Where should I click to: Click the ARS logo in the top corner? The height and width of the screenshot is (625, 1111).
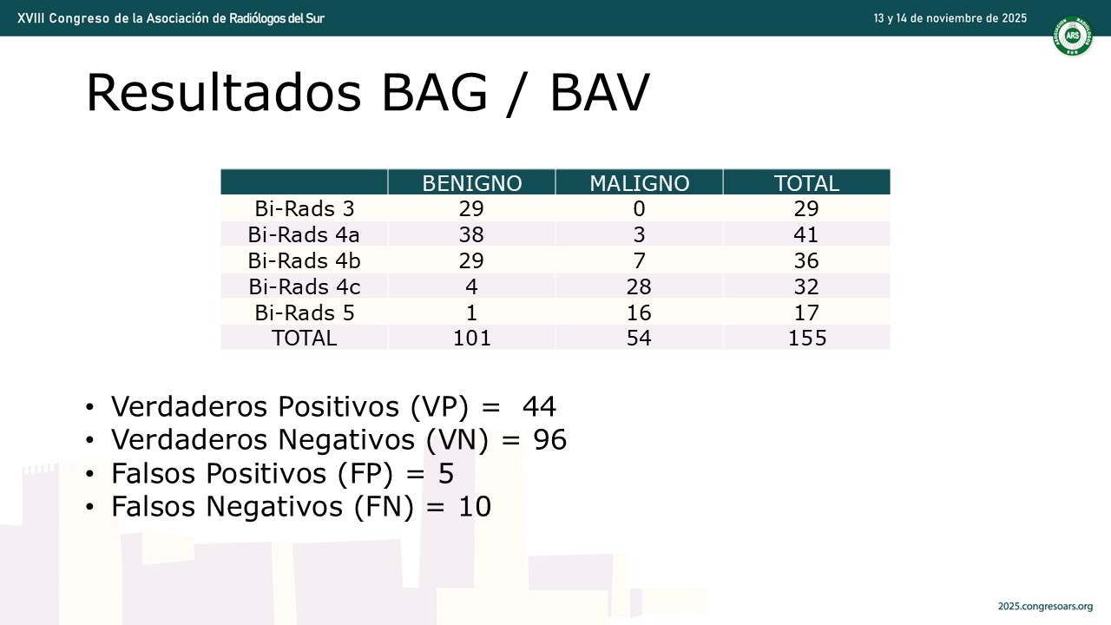click(x=1072, y=36)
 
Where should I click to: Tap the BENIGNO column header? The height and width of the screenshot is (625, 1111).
click(x=471, y=183)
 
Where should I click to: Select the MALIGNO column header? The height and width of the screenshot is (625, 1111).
click(x=640, y=183)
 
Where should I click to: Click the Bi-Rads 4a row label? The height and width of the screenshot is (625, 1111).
click(x=304, y=234)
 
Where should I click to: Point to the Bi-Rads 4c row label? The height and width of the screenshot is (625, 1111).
click(x=304, y=286)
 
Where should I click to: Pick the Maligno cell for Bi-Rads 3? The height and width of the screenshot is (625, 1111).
click(x=640, y=209)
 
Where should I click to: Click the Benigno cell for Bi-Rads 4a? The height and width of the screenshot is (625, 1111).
click(x=471, y=234)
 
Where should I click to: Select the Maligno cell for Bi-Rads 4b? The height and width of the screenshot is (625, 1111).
click(x=640, y=261)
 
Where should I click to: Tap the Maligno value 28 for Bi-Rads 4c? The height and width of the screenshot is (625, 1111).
click(x=639, y=286)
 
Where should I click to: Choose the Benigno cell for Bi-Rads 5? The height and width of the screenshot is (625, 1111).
click(x=471, y=313)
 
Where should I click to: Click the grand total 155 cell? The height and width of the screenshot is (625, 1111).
click(x=807, y=339)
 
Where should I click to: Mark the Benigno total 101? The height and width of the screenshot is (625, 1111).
click(x=471, y=339)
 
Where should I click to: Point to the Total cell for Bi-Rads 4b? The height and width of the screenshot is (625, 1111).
click(x=806, y=261)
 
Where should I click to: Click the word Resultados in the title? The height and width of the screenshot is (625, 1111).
click(x=224, y=93)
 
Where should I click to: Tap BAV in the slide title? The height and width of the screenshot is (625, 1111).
click(x=600, y=93)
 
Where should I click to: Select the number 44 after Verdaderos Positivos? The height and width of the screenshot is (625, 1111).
click(x=539, y=407)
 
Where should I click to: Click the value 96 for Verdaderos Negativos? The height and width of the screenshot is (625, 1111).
click(x=550, y=440)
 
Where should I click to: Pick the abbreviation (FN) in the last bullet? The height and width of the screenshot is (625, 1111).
click(x=384, y=507)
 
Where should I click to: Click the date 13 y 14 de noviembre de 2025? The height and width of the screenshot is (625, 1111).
click(x=950, y=18)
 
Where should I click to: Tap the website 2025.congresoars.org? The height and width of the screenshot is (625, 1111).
click(x=1046, y=607)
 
